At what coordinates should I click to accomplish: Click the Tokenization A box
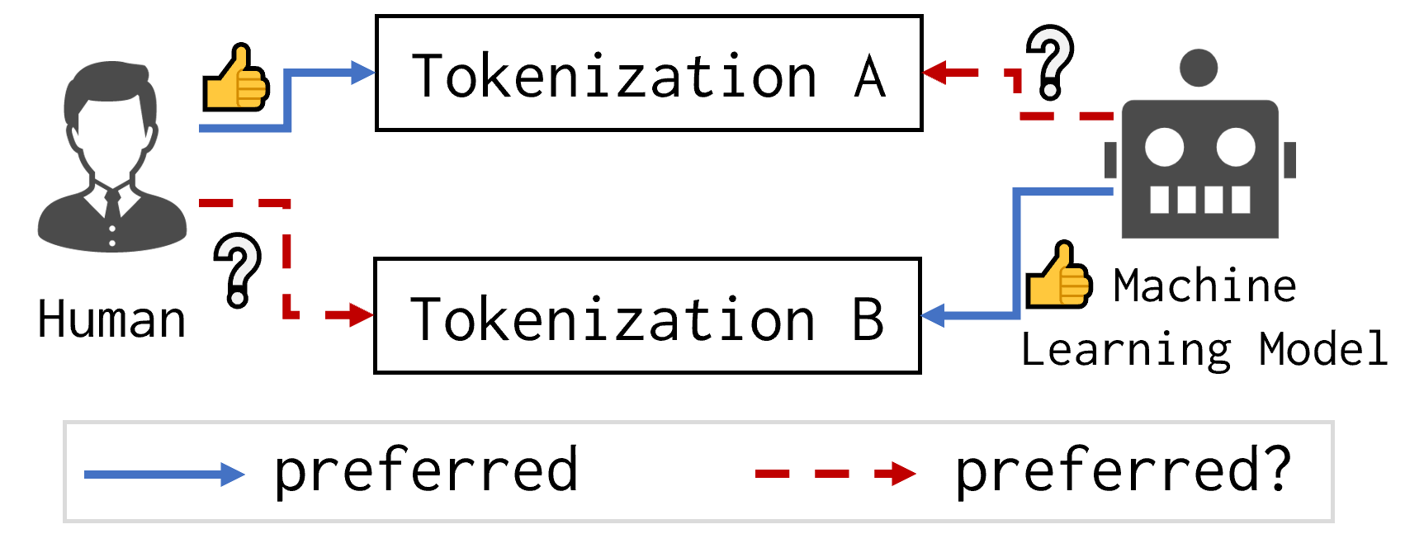point(649,73)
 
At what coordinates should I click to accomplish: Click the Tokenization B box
point(647,315)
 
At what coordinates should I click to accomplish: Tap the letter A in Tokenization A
point(870,77)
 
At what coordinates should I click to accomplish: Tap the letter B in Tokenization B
point(868,319)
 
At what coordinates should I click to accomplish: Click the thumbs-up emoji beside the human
point(236,79)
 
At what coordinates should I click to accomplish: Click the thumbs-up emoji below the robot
point(1059,276)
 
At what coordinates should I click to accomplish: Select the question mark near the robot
point(1050,62)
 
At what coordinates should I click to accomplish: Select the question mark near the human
point(237,271)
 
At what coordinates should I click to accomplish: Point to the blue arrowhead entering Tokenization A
point(363,73)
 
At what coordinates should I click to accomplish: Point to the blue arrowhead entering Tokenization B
point(933,315)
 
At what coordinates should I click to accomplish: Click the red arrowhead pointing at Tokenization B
point(362,315)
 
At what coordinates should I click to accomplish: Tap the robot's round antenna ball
point(1199,68)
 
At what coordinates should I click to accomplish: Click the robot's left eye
point(1164,148)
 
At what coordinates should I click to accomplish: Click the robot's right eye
point(1235,148)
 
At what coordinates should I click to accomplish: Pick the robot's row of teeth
point(1199,200)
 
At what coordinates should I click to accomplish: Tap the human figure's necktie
point(111,206)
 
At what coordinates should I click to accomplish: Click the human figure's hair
point(111,83)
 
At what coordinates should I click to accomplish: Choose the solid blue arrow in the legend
point(164,475)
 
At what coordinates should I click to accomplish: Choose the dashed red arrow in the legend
point(835,474)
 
